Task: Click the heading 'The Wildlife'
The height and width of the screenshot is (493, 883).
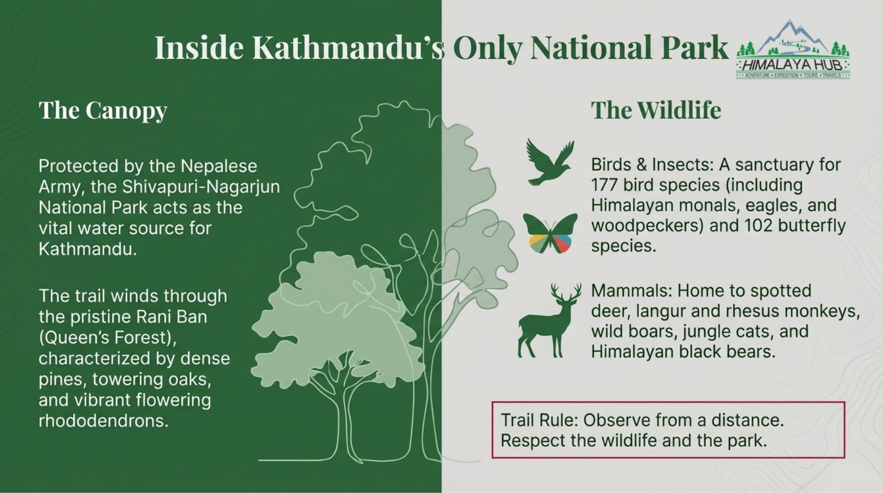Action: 656,110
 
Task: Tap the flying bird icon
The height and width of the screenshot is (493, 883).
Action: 549,163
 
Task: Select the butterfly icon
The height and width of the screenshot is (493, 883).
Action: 550,233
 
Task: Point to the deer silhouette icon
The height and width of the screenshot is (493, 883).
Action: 549,320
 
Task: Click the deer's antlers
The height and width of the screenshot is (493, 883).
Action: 565,292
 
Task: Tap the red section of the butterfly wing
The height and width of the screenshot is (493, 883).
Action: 562,244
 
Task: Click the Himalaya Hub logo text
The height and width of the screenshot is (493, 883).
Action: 793,65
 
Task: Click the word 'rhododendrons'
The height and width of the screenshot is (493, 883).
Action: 104,421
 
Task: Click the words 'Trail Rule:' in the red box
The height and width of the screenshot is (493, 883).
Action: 539,420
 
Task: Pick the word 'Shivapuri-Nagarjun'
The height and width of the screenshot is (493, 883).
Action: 201,187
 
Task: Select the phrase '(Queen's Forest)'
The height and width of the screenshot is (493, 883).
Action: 108,338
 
